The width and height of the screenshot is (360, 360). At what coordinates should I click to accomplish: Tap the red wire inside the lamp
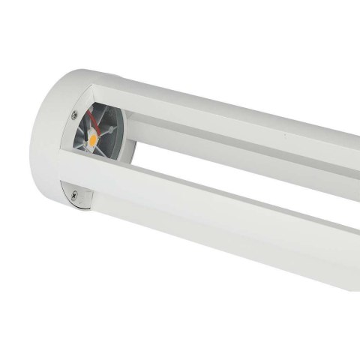point(91,119)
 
